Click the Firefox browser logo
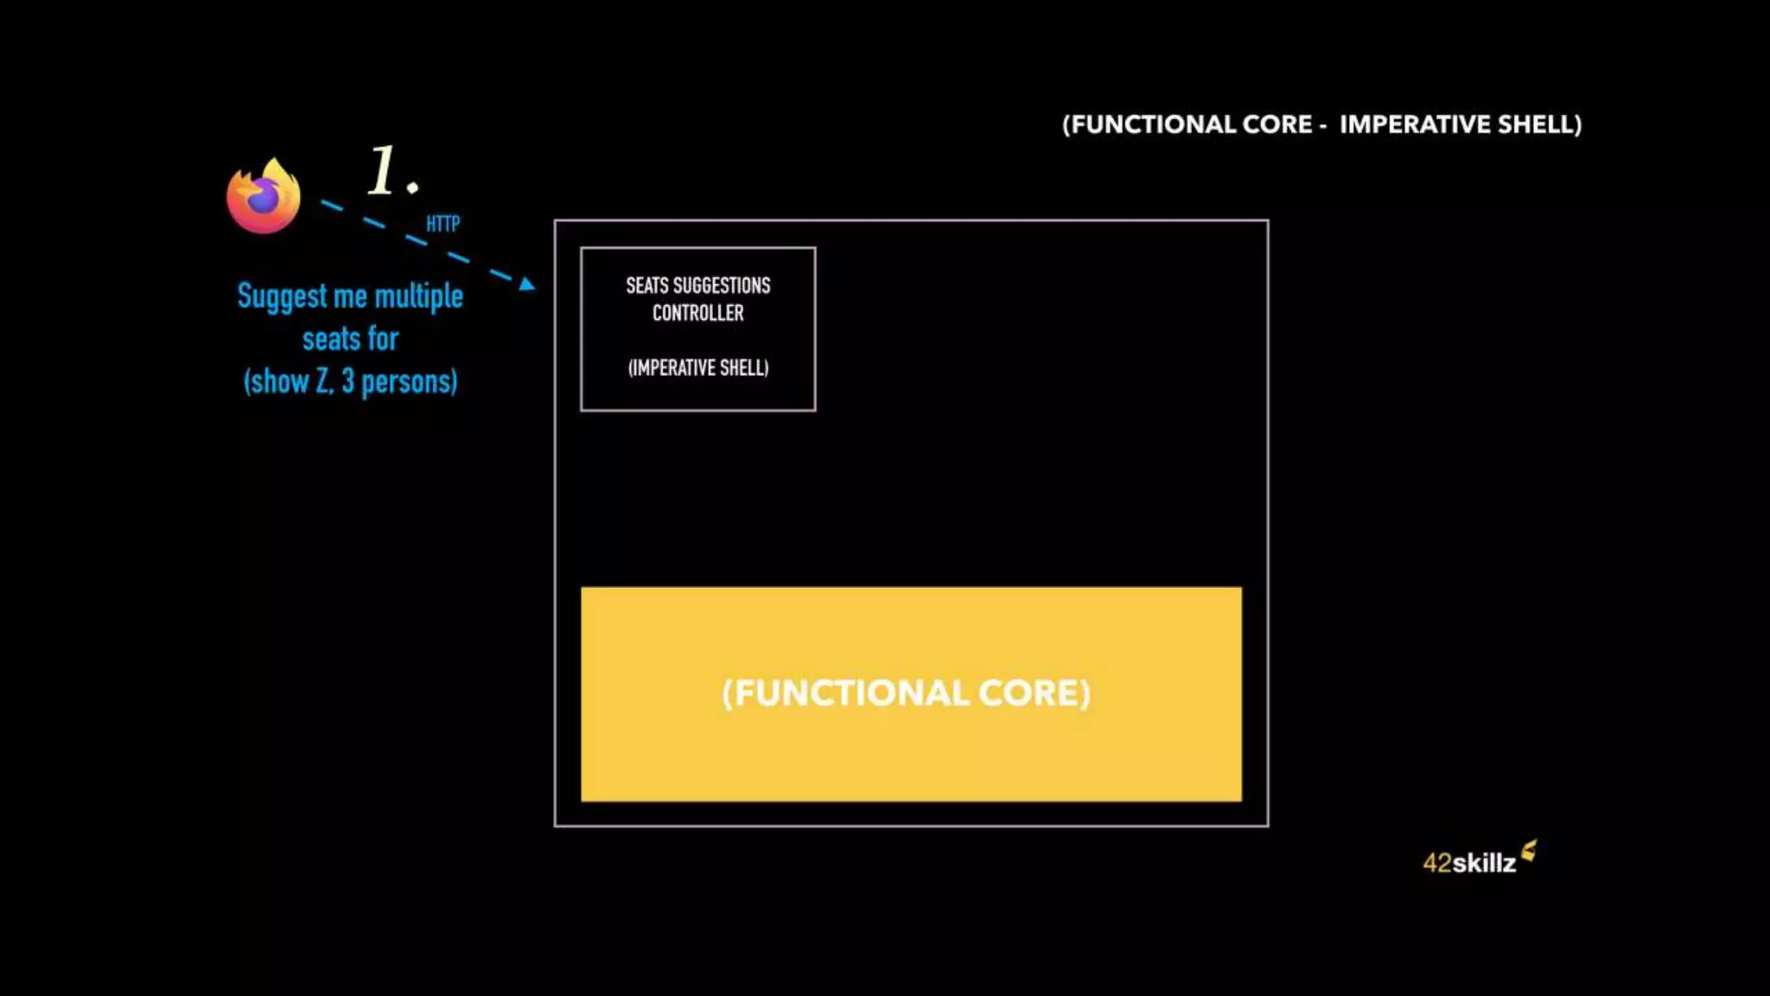pos(264,196)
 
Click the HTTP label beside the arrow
pos(442,224)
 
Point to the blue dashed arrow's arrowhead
pos(526,283)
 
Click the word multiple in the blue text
pos(418,297)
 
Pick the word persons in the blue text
pos(409,381)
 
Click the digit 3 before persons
pos(347,381)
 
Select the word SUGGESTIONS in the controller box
pos(722,285)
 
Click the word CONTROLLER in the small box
pos(697,313)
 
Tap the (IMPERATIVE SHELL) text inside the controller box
pos(698,368)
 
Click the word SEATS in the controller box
pos(646,285)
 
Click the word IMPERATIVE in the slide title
pos(1416,124)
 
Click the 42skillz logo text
pos(1469,863)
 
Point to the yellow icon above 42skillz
pos(1529,851)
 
